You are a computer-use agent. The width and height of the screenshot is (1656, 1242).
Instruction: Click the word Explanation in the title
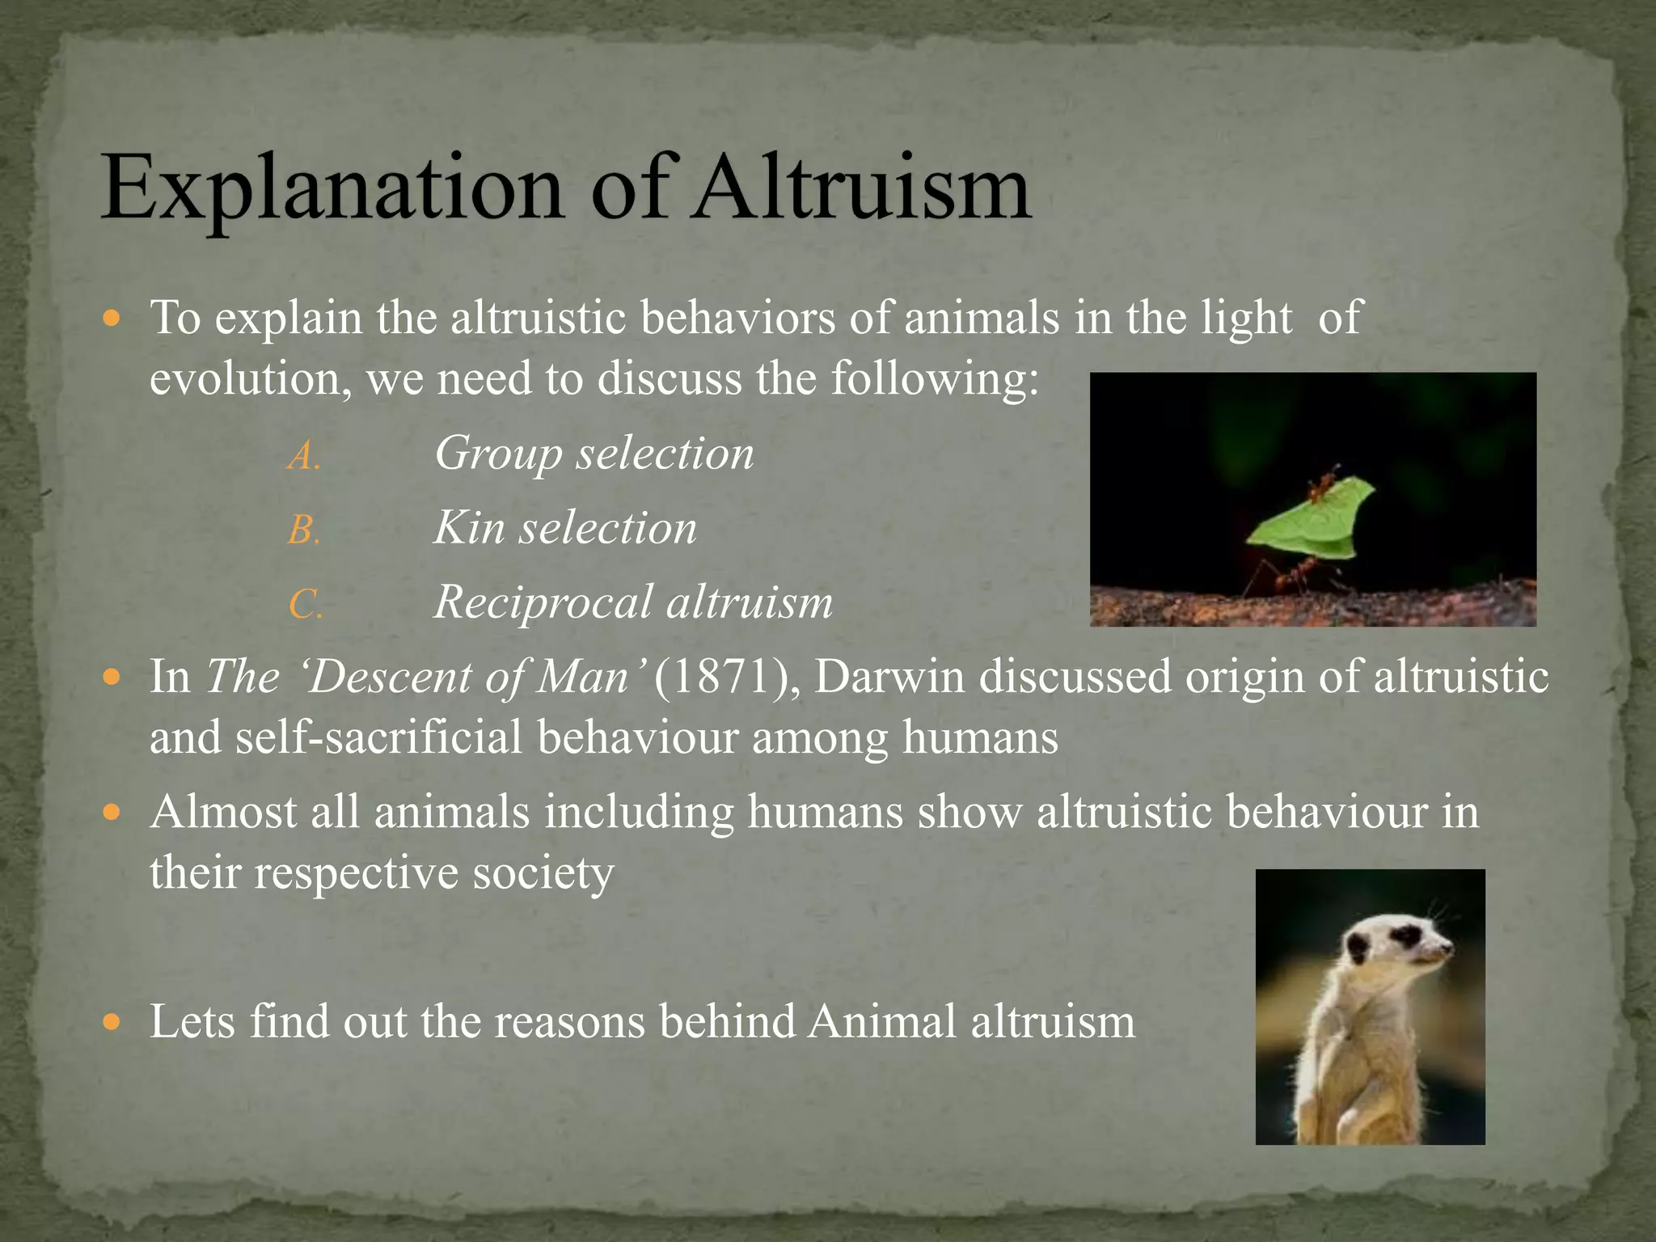point(332,188)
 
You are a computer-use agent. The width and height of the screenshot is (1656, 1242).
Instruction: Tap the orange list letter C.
point(306,606)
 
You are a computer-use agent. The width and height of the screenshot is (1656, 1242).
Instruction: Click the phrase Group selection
point(594,454)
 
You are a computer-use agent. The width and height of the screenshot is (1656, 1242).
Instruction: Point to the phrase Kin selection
point(565,528)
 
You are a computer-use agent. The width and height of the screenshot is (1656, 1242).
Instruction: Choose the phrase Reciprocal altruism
point(633,602)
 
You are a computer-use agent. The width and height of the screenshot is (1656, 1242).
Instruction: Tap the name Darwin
point(889,677)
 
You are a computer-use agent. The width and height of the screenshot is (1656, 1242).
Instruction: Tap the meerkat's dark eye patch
point(1408,936)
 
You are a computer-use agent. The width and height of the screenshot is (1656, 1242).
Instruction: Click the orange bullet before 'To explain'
point(112,318)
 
